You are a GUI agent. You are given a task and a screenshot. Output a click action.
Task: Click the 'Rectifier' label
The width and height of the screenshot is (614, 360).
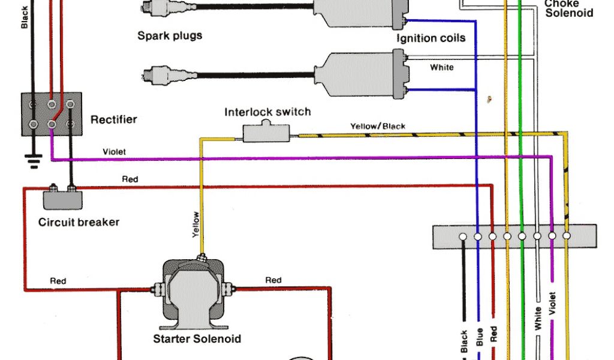113,119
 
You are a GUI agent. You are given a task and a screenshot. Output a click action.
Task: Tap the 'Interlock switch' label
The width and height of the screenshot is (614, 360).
267,112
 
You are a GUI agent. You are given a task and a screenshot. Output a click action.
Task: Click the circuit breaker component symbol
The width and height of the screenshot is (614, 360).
62,196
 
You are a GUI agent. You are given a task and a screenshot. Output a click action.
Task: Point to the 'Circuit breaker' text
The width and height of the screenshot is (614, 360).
79,222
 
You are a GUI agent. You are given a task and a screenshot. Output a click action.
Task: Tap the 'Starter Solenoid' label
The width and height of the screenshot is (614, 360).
197,339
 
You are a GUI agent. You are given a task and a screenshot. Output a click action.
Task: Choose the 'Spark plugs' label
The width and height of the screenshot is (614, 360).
170,35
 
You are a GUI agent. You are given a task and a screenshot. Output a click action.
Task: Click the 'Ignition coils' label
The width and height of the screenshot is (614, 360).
431,38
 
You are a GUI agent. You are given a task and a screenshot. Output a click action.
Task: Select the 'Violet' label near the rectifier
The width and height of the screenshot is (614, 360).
114,152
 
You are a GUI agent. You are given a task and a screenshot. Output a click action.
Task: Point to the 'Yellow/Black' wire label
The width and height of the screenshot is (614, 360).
378,126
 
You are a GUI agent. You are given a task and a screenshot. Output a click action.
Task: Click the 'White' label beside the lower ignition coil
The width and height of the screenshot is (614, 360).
441,68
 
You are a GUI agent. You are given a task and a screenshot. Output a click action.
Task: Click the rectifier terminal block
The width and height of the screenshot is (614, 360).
52,113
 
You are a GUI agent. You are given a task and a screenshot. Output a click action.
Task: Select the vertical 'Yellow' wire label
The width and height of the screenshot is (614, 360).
195,225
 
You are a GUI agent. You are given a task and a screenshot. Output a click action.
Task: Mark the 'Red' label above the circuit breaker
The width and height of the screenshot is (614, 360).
130,179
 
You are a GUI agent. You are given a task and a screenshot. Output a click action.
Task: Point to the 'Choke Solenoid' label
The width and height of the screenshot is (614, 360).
568,8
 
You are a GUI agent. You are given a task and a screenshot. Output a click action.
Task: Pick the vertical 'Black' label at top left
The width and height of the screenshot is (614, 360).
25,18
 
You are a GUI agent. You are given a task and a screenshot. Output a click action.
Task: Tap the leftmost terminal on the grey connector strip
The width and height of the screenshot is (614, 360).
463,237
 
